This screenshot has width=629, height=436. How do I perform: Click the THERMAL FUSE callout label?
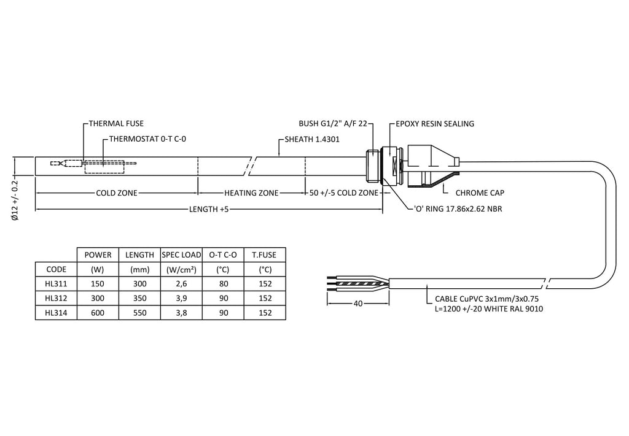point(116,124)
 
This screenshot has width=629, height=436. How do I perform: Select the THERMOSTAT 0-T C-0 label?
point(147,139)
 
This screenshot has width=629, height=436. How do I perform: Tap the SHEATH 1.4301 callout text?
point(313,139)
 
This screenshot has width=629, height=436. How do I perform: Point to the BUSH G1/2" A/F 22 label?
point(332,124)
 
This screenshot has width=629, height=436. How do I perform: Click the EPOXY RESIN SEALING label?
point(435,124)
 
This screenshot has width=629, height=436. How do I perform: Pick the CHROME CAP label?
point(480,193)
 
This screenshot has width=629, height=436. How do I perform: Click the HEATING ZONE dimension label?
point(251,193)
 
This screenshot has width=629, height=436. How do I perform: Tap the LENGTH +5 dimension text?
point(208,209)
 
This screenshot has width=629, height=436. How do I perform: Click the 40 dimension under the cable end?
point(357,304)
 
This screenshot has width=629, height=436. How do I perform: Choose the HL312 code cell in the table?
point(56,298)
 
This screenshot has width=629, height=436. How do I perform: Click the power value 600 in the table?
point(98,313)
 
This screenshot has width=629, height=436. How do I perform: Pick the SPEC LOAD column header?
point(181,254)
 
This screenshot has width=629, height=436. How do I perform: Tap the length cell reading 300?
point(139,284)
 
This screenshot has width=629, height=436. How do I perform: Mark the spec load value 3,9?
point(181,298)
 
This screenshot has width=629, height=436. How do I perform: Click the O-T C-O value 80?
point(223,284)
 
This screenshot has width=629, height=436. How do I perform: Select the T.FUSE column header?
point(265,254)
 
